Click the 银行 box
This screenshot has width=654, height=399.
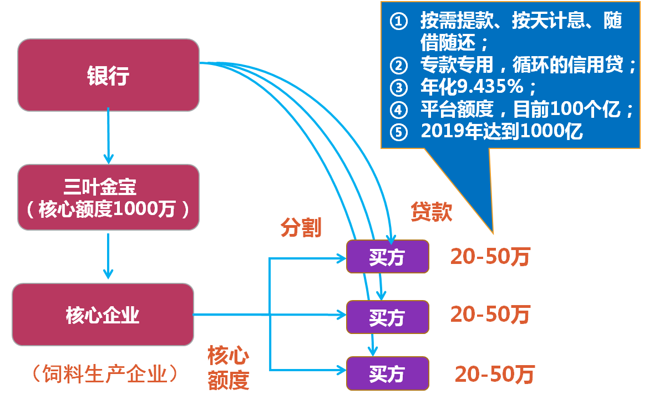[x=108, y=75]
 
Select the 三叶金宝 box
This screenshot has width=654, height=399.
[x=108, y=197]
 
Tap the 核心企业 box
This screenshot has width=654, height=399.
[x=103, y=315]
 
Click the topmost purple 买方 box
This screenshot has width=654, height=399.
[x=388, y=257]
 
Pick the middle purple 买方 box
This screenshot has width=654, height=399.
[x=388, y=317]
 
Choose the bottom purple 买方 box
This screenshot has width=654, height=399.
[x=388, y=373]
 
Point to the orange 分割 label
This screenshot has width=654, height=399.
[x=301, y=228]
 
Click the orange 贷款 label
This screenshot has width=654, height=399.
[x=431, y=211]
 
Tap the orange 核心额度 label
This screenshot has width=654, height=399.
[x=228, y=368]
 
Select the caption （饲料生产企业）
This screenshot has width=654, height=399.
[x=105, y=373]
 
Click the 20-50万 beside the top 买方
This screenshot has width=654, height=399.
[x=490, y=257]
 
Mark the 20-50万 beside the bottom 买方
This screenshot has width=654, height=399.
[x=495, y=374]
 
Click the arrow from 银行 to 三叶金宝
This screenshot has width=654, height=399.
[x=108, y=136]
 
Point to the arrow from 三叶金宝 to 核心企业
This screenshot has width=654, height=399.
[x=108, y=256]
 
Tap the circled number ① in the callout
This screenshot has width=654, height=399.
[x=399, y=21]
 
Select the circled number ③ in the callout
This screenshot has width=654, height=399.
[x=399, y=88]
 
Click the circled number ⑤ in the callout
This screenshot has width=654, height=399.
[x=399, y=132]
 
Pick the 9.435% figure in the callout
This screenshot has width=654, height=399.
[x=490, y=87]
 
